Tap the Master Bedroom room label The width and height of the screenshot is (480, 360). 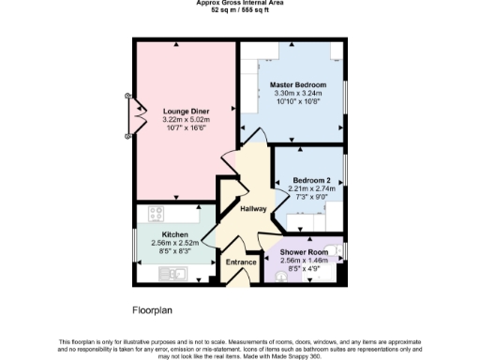pyautogui.click(x=297, y=85)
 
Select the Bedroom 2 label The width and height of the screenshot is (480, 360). pyautogui.click(x=310, y=179)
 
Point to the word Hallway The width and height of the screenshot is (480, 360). pyautogui.click(x=252, y=208)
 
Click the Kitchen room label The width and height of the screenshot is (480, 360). pyautogui.click(x=175, y=234)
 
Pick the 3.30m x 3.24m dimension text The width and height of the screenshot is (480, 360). pyautogui.click(x=297, y=94)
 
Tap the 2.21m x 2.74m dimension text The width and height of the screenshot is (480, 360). pyautogui.click(x=310, y=188)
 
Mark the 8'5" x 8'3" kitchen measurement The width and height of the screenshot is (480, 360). pyautogui.click(x=175, y=251)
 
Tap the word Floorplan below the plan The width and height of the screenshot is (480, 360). pyautogui.click(x=152, y=308)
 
